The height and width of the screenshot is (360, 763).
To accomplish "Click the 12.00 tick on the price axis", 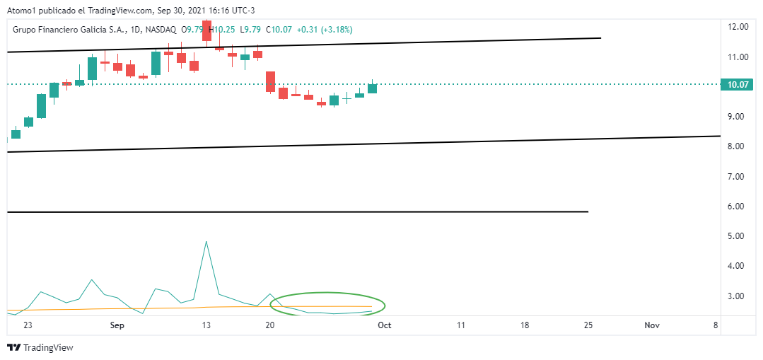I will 738,27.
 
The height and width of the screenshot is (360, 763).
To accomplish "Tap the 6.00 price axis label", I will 738,207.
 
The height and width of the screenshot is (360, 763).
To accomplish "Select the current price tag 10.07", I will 738,85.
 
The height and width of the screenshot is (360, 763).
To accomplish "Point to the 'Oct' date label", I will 385,325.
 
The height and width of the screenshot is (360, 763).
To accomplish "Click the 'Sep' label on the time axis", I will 117,325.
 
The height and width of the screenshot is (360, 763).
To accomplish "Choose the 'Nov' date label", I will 652,325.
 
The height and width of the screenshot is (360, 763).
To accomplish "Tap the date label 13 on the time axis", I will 206,325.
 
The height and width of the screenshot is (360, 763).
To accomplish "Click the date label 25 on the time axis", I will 588,325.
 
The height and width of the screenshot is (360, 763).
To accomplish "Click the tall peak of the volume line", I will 206,243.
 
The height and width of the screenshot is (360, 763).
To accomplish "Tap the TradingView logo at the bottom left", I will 40,348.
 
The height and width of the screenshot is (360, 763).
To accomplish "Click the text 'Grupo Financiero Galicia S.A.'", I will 68,30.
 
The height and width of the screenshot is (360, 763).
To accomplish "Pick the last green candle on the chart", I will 372,88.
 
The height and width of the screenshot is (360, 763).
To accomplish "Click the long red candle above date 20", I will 270,81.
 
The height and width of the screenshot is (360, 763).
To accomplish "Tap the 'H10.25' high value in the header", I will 225,30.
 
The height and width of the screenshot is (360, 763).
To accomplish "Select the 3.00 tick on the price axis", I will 738,296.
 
